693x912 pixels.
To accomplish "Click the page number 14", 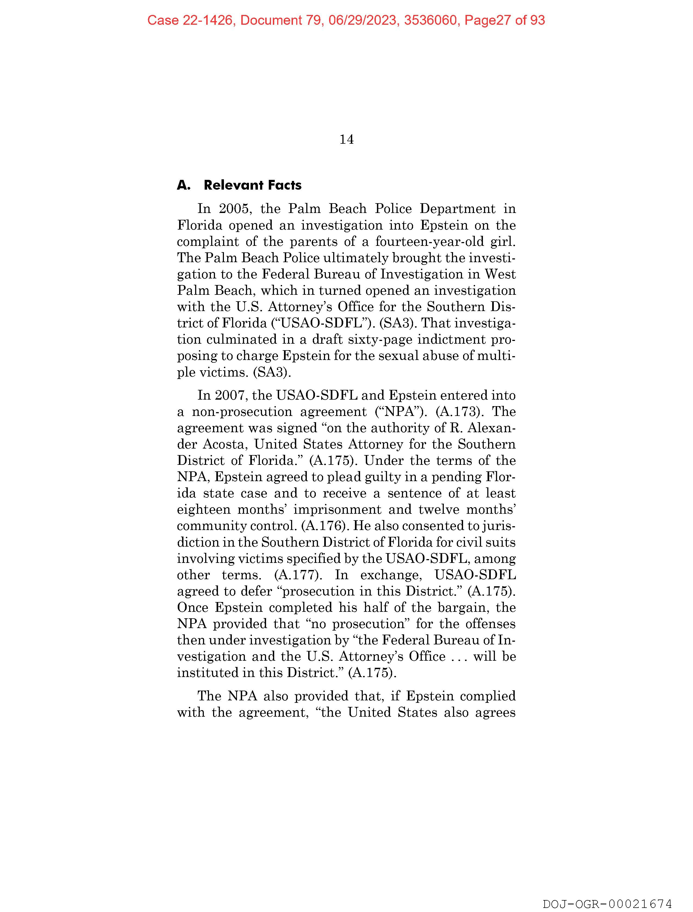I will (x=347, y=140).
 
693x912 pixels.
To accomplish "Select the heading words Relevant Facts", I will (x=252, y=185).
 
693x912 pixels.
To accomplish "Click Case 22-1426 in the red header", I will (x=190, y=20).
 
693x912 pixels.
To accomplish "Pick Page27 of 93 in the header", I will (x=504, y=20).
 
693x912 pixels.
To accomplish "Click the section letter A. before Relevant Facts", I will (x=183, y=185).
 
